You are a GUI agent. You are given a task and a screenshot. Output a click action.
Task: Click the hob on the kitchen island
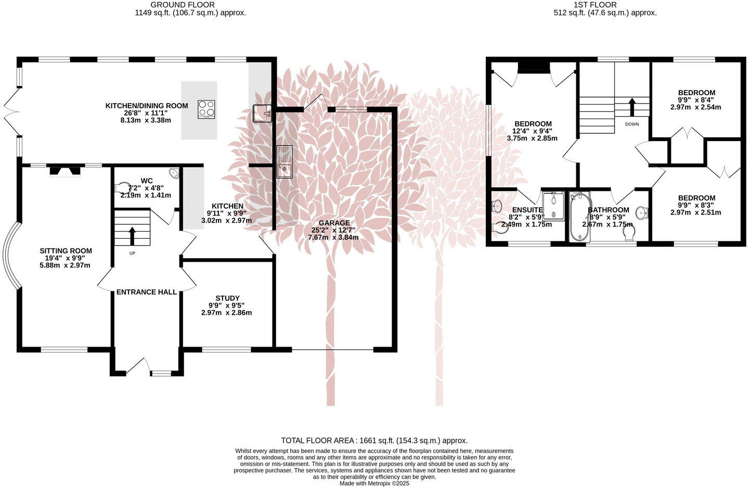(x=206, y=109)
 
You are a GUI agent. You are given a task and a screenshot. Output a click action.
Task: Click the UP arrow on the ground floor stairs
(x=132, y=235)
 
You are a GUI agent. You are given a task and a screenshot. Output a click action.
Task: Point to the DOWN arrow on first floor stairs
(x=632, y=107)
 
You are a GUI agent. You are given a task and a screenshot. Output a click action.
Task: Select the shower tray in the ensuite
(x=553, y=204)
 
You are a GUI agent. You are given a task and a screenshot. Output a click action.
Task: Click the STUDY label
(x=227, y=298)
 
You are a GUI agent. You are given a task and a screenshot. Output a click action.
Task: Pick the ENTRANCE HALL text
(x=146, y=292)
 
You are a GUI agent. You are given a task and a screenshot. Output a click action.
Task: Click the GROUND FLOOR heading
(x=190, y=5)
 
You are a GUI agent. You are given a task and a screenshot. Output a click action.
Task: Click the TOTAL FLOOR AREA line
(x=374, y=440)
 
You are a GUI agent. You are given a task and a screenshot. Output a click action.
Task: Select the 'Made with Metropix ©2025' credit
(x=374, y=483)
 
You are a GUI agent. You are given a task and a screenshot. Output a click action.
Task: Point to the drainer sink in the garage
(x=285, y=162)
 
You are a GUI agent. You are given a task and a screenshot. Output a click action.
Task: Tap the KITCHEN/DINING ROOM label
(x=147, y=106)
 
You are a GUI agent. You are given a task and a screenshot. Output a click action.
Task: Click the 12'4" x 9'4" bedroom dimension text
(x=532, y=131)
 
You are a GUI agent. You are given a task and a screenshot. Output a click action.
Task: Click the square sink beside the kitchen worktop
(x=262, y=113)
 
